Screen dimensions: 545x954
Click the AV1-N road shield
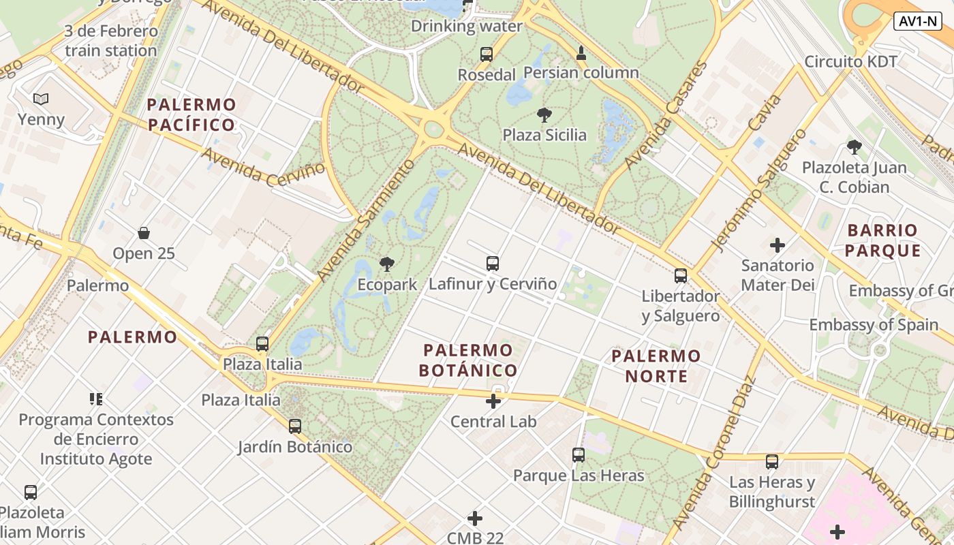(x=917, y=21)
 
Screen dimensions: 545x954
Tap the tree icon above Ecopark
(x=387, y=264)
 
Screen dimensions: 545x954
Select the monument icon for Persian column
(x=581, y=52)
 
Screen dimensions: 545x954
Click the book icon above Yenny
(x=41, y=99)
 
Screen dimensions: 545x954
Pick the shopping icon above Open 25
(x=144, y=233)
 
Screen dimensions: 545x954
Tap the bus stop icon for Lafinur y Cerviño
(x=493, y=263)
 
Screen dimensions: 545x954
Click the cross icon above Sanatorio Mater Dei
(x=778, y=245)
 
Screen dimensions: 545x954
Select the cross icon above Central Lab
(x=493, y=401)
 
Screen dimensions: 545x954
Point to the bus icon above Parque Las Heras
(x=579, y=454)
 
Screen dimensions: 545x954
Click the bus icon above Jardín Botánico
(x=295, y=426)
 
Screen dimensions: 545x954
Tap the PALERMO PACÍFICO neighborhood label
(x=191, y=115)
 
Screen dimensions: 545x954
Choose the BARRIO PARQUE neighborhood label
(x=882, y=240)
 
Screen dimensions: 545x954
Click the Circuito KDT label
(x=850, y=61)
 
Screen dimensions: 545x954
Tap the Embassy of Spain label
(x=874, y=325)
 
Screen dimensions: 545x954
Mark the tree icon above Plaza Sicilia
(x=544, y=114)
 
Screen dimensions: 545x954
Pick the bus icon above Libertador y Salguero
(x=681, y=276)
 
